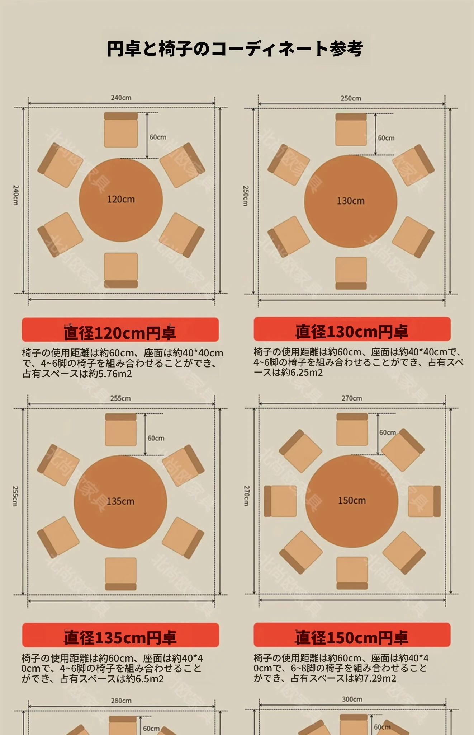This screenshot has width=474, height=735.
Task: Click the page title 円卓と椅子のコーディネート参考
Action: [235, 49]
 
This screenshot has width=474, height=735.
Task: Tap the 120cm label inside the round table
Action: [121, 199]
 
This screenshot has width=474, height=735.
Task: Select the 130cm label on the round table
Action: [351, 201]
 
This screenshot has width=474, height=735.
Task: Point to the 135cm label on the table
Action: [120, 501]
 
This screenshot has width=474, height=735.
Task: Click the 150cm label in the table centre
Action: [352, 500]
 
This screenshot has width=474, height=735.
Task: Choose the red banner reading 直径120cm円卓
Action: [120, 329]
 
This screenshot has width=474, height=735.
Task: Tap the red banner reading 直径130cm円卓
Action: [352, 329]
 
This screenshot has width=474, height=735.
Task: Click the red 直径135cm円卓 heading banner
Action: [120, 635]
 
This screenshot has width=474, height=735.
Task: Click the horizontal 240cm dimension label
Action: [121, 98]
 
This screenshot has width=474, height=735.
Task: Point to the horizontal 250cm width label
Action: [351, 98]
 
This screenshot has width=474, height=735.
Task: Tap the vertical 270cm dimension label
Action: [246, 496]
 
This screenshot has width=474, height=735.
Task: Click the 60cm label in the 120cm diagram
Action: [158, 137]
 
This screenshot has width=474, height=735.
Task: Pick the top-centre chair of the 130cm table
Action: [351, 130]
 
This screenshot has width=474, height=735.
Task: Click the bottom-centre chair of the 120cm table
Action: [121, 270]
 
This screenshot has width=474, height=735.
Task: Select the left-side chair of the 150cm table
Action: [280, 501]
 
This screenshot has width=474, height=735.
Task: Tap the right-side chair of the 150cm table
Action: [424, 501]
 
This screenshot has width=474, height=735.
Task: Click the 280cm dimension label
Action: [121, 701]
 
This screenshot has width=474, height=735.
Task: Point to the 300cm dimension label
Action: [352, 699]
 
